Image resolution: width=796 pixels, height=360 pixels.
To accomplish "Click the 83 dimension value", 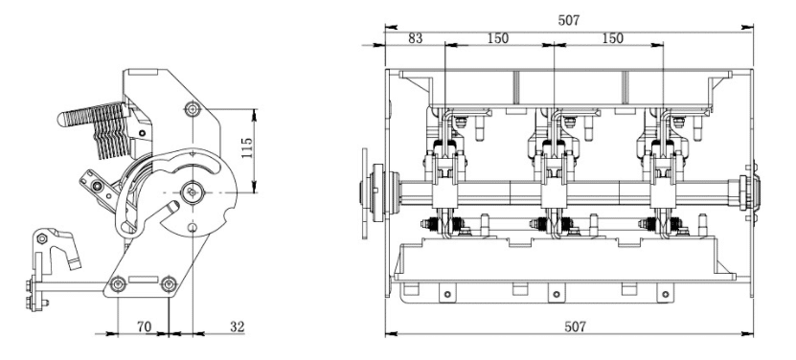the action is pos(415,38).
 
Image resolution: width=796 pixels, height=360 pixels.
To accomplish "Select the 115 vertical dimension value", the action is pos(247,148).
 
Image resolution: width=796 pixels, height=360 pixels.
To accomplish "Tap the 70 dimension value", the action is pos(145,326).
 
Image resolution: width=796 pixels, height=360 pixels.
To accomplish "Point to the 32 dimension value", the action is pos(237,326).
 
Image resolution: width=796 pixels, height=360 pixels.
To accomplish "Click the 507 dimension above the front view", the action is pos(569,20).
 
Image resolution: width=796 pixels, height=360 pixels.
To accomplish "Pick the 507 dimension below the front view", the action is pos(575,326).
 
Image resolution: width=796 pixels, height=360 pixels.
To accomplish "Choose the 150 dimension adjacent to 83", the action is pos(498,38).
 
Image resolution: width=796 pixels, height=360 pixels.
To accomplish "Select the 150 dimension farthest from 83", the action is pos(613,38).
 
